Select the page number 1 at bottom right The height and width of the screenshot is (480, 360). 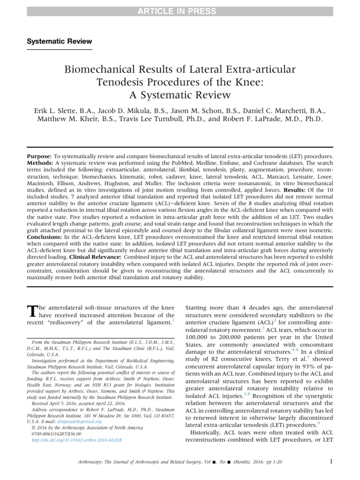[331, 461]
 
